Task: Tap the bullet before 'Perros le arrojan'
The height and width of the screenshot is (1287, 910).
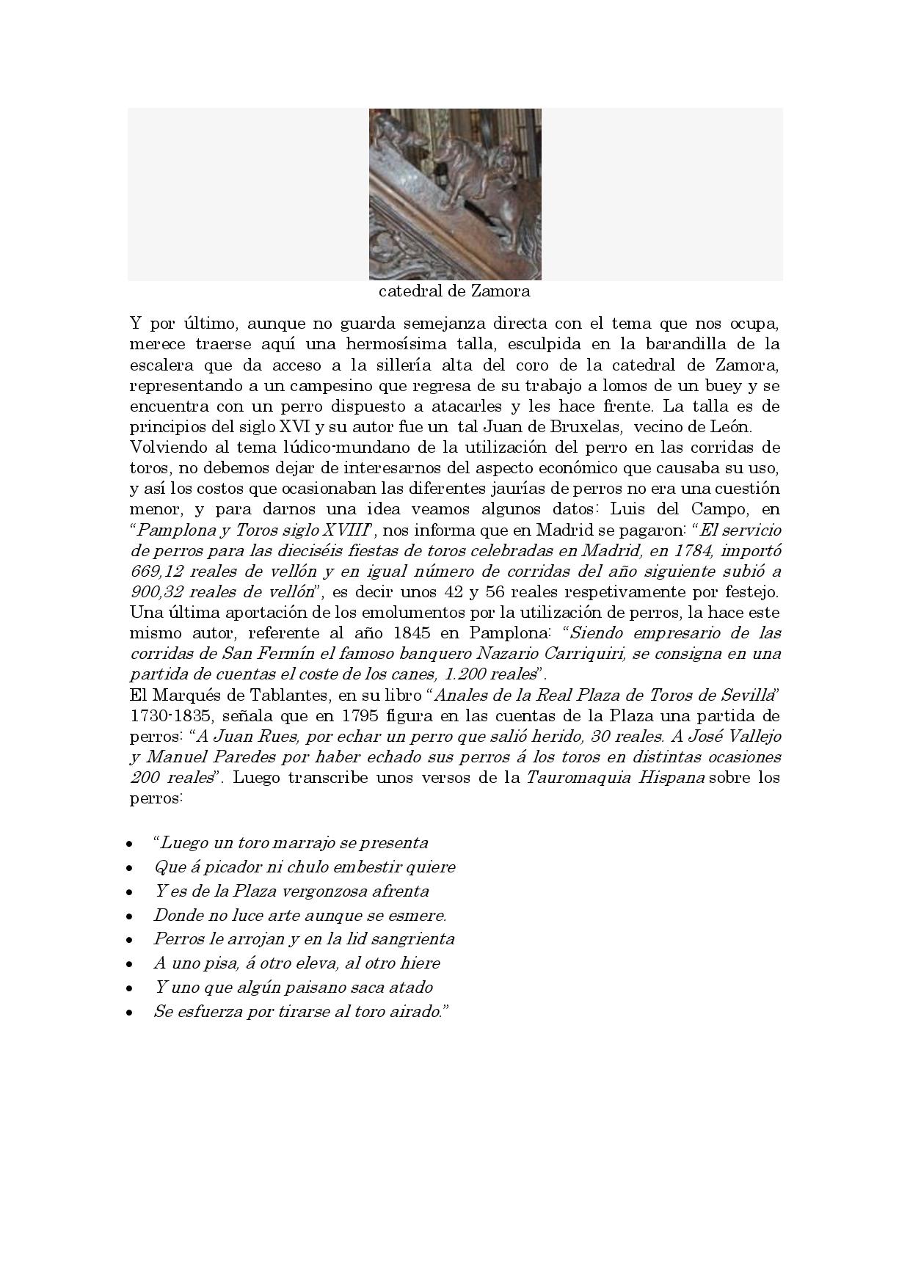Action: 130,940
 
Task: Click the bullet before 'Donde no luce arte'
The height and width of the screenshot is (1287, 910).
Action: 130,916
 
